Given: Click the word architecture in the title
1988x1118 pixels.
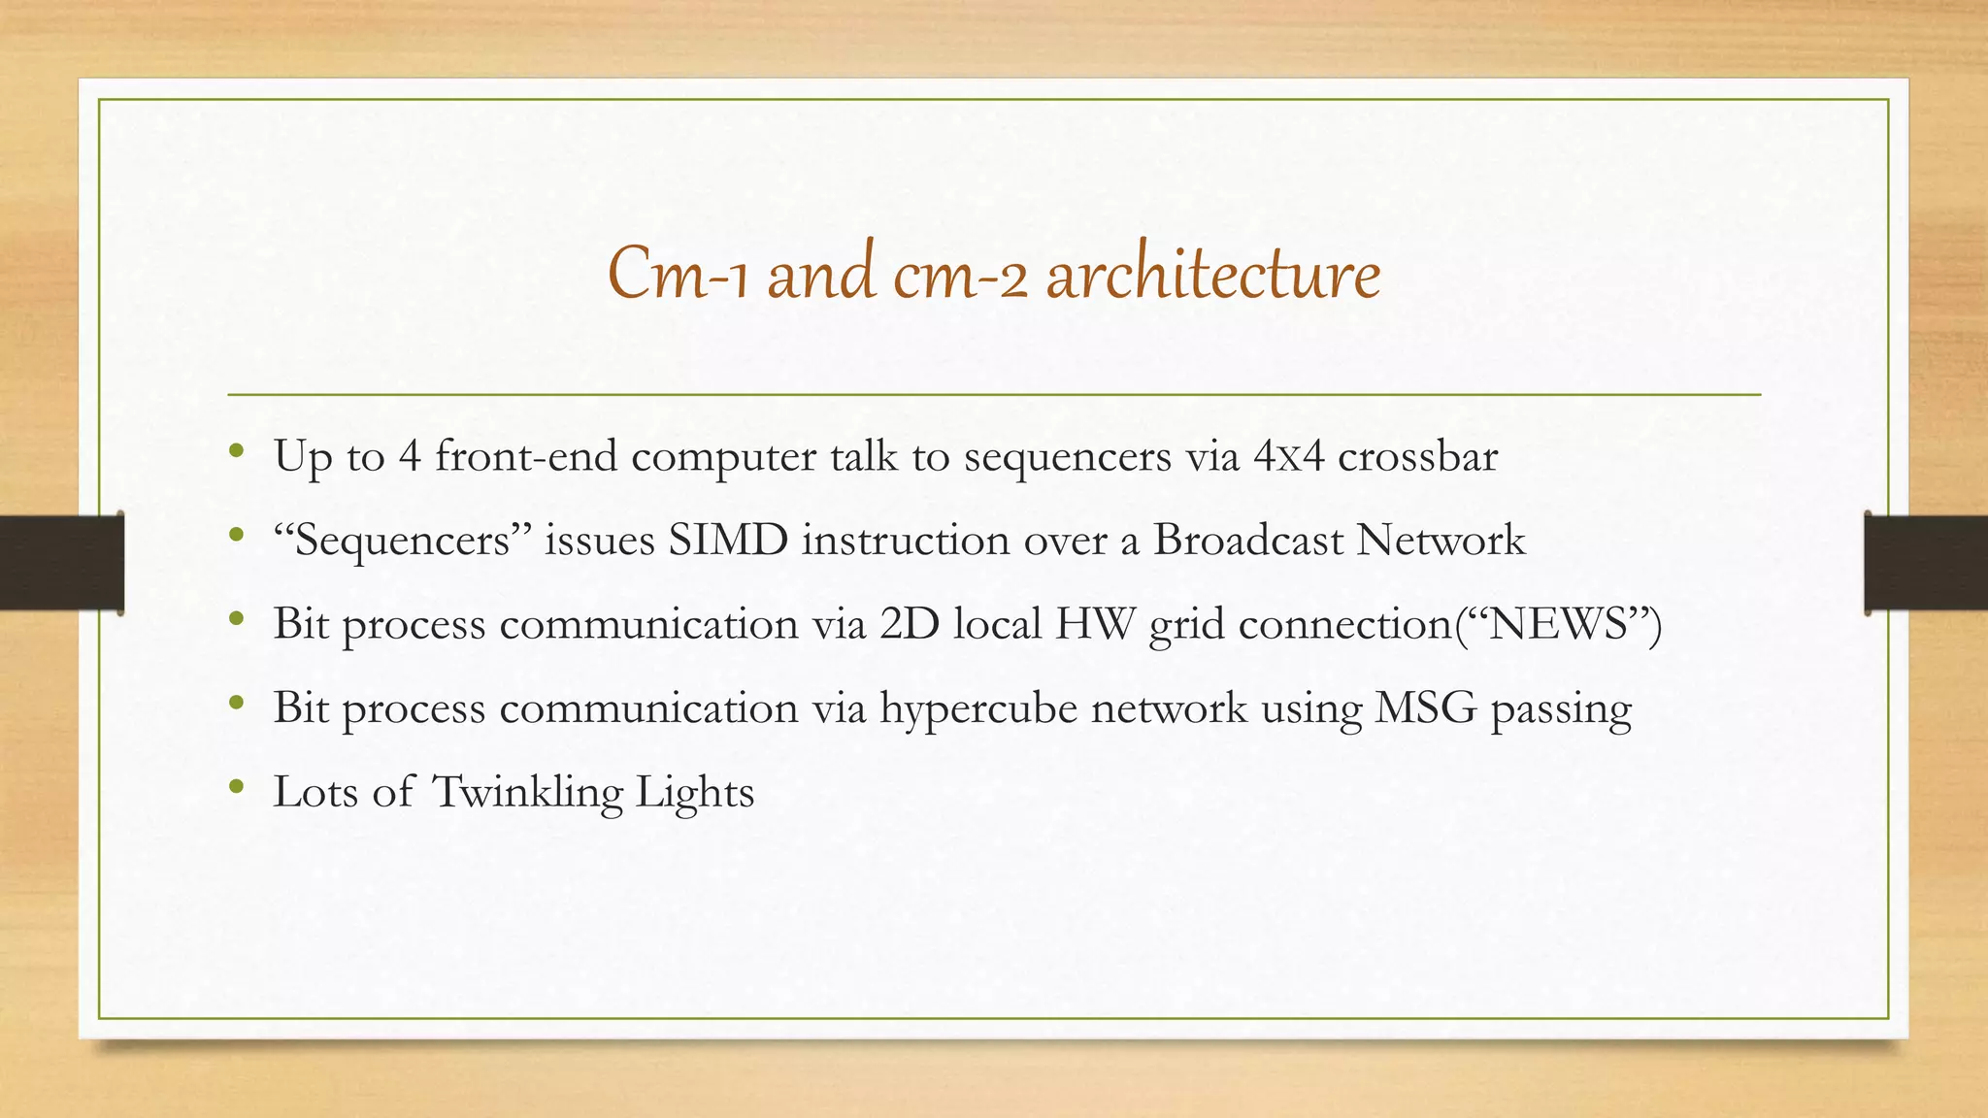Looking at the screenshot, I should [1212, 275].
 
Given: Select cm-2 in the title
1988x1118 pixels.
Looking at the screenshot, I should [959, 275].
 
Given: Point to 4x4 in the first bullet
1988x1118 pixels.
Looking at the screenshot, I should [1288, 456].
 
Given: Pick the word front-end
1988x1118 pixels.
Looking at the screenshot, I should [525, 456].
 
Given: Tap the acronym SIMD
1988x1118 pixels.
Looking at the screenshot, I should [727, 541].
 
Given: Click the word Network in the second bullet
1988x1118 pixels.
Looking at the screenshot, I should [1441, 541].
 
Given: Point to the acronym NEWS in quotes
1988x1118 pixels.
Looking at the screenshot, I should [1557, 624].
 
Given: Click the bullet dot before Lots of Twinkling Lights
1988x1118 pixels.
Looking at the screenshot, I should [236, 787].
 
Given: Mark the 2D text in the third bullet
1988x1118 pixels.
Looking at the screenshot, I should [910, 624].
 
